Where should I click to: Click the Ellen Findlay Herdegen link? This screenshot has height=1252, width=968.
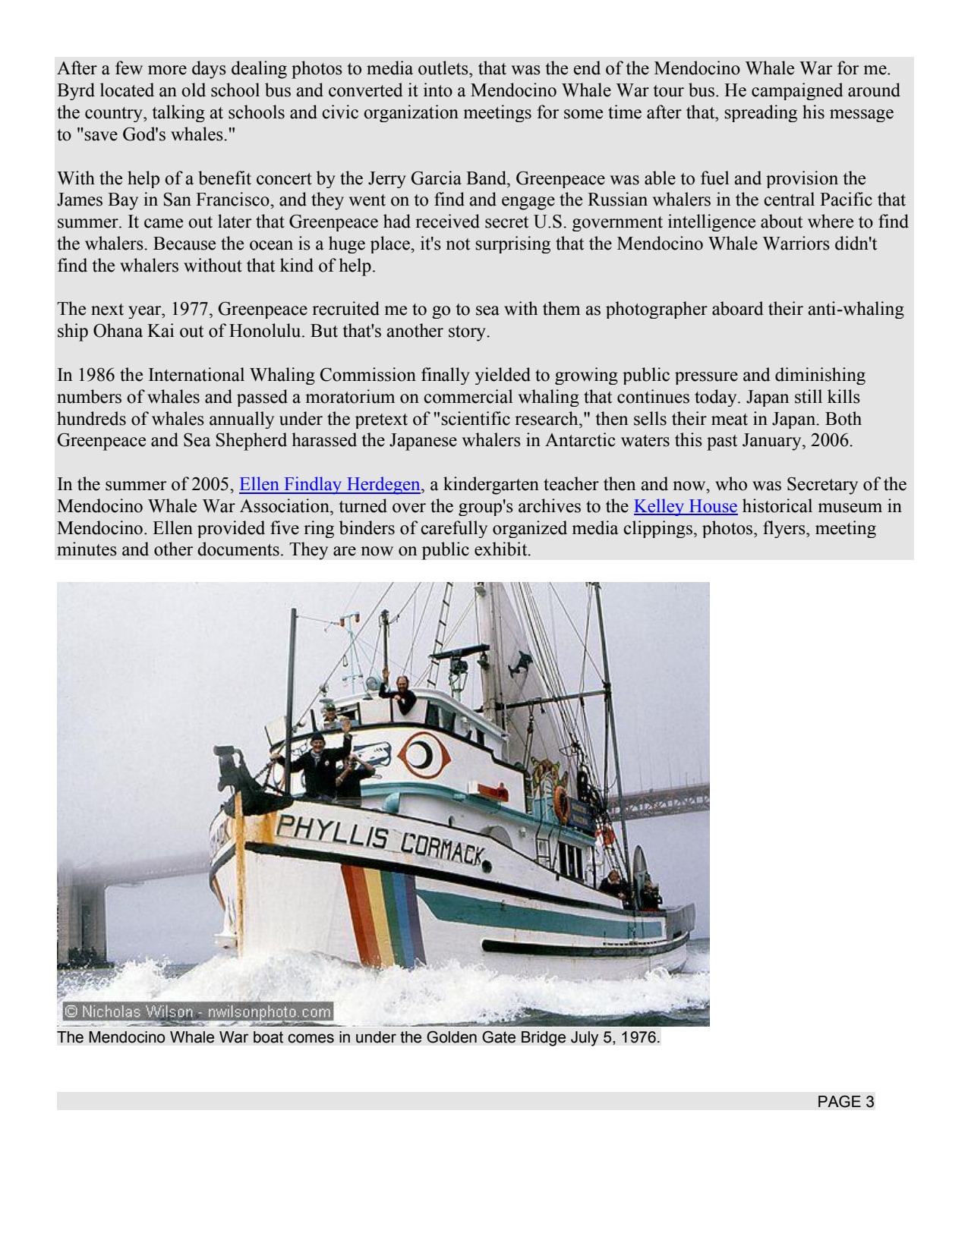click(x=329, y=485)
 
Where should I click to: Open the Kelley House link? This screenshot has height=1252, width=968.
click(x=685, y=507)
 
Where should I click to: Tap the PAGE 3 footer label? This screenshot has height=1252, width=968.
click(x=845, y=1102)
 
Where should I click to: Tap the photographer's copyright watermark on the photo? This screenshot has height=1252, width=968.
click(x=197, y=1011)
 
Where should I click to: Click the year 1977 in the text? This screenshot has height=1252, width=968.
click(x=190, y=310)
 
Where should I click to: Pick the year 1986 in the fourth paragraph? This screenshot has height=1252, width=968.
click(x=98, y=376)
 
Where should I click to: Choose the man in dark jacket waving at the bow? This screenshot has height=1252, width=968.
click(x=319, y=763)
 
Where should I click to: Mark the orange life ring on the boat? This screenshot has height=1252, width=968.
click(x=560, y=803)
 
